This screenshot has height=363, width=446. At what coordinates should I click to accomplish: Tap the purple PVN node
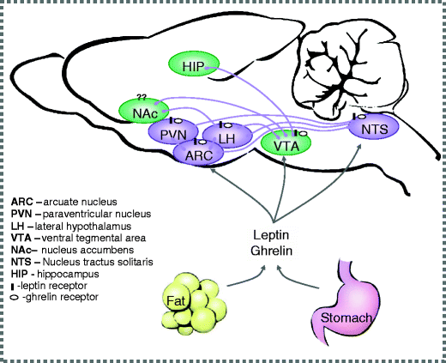(x=173, y=134)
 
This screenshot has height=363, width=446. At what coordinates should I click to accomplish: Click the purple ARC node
(x=198, y=152)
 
